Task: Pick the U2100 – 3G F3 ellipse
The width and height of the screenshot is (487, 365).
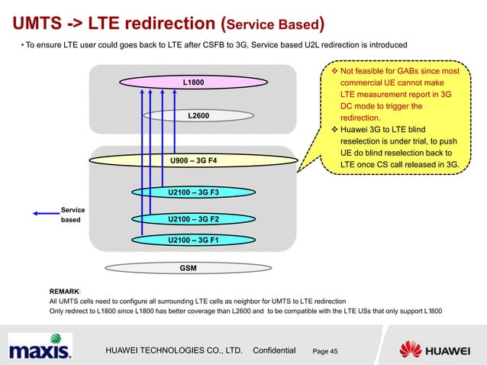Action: coord(193,192)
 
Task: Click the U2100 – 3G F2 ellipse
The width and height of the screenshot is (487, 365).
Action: coord(193,219)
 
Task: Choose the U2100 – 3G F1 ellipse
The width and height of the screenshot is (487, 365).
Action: coord(193,240)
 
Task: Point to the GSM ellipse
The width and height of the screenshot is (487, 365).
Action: coord(187,269)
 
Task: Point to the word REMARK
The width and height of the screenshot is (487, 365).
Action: coord(65,292)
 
